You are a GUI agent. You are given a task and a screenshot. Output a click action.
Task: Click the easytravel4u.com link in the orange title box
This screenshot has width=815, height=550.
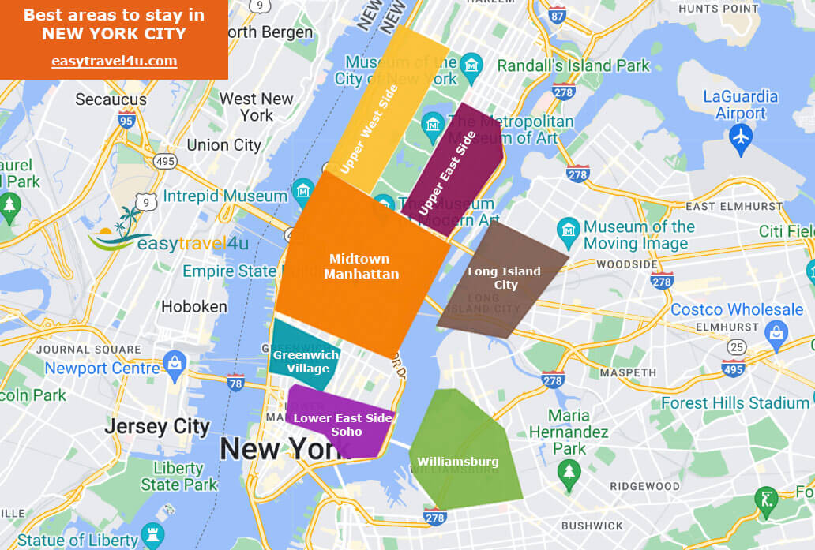pyautogui.click(x=114, y=61)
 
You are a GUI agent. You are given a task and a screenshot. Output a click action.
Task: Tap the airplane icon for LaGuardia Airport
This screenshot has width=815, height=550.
pyautogui.click(x=741, y=136)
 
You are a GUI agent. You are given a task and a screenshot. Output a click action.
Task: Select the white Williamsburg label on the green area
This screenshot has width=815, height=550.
pyautogui.click(x=458, y=461)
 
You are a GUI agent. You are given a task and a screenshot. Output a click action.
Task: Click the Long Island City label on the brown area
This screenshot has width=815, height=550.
pyautogui.click(x=505, y=278)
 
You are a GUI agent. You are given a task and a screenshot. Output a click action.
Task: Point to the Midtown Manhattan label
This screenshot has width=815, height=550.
pyautogui.click(x=361, y=266)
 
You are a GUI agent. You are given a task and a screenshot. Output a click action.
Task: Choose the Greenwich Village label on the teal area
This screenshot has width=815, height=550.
pyautogui.click(x=306, y=361)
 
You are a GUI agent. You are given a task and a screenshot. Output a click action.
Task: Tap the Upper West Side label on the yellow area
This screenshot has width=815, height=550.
pyautogui.click(x=370, y=129)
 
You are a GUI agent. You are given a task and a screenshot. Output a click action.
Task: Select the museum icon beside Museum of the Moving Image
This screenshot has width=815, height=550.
pyautogui.click(x=569, y=230)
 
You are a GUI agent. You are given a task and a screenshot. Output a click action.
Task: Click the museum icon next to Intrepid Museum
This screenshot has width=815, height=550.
pyautogui.click(x=302, y=190)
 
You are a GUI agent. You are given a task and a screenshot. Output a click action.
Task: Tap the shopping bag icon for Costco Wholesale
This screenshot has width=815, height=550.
pyautogui.click(x=777, y=332)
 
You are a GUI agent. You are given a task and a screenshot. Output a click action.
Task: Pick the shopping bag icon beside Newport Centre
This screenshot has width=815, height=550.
pyautogui.click(x=173, y=364)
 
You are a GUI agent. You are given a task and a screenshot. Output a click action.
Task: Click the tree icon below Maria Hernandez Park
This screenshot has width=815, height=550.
pyautogui.click(x=569, y=472)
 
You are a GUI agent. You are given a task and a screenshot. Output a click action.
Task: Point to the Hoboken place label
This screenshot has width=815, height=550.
pyautogui.click(x=194, y=306)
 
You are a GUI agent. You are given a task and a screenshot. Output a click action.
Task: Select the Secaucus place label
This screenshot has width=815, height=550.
pyautogui.click(x=111, y=99)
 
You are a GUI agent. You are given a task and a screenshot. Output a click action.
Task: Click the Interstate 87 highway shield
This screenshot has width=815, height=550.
pyautogui.click(x=558, y=15)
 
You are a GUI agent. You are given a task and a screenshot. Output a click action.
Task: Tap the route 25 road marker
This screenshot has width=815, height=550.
pyautogui.click(x=737, y=346)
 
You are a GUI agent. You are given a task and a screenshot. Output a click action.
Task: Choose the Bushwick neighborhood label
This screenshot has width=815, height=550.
pyautogui.click(x=592, y=526)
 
